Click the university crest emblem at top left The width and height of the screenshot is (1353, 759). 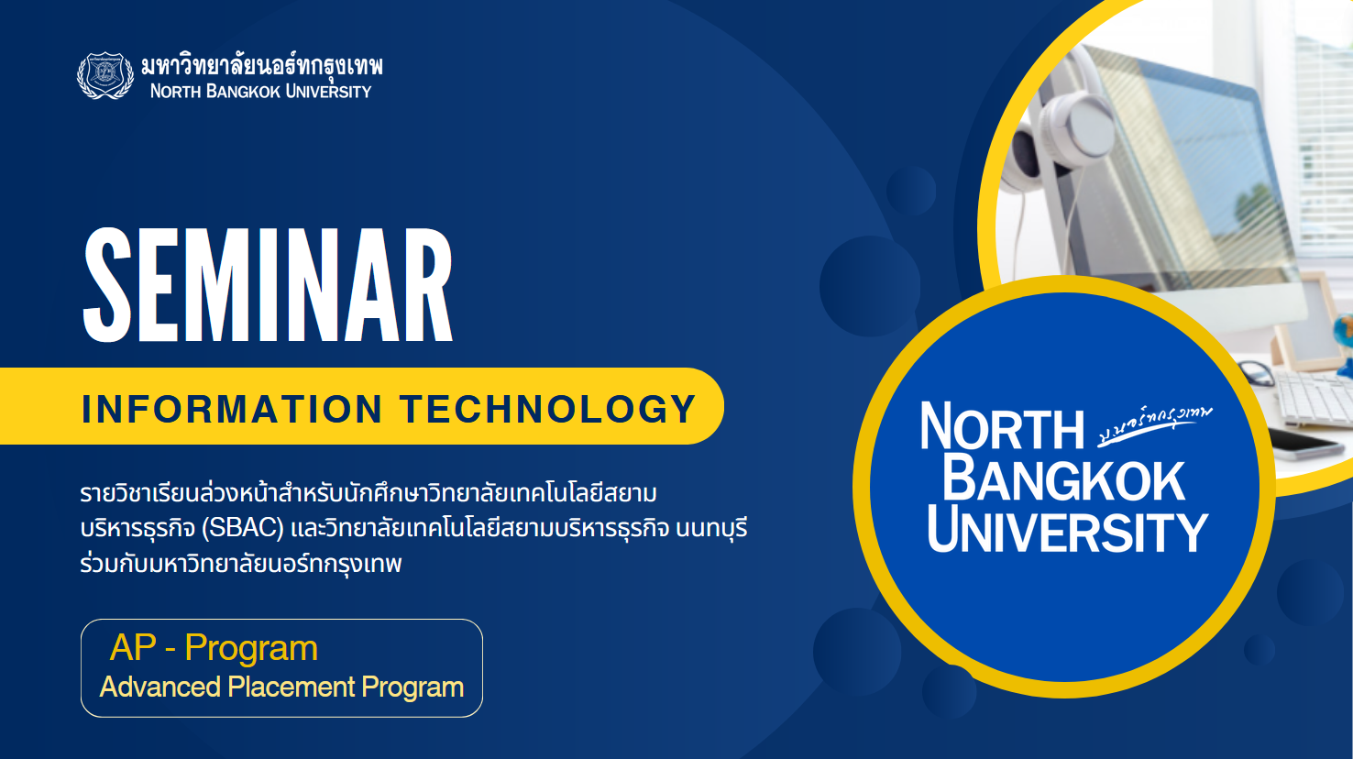(105, 75)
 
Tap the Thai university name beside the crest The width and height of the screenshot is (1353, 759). (261, 65)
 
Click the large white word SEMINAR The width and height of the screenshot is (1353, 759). (268, 285)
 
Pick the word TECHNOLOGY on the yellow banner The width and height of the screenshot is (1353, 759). (547, 409)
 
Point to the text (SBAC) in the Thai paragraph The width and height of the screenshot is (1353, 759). (242, 529)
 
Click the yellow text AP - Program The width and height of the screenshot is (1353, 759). (214, 648)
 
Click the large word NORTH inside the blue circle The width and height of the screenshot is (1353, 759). (1002, 427)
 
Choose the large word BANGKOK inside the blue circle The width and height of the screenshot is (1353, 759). (1063, 479)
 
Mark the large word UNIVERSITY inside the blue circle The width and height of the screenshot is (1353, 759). (1067, 532)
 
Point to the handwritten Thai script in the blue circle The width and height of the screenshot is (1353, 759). (1155, 423)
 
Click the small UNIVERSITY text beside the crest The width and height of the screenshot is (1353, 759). (328, 92)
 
